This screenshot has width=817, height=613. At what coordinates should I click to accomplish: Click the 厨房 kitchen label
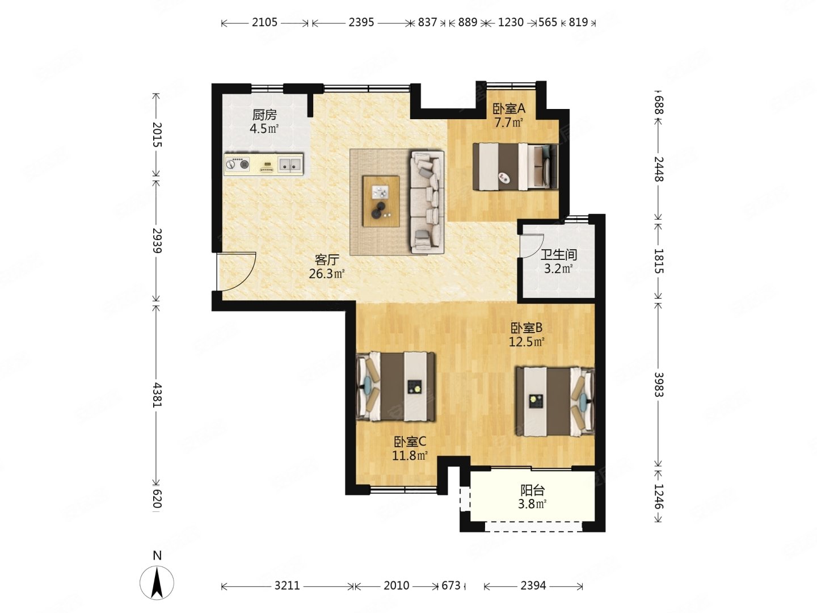click(x=264, y=115)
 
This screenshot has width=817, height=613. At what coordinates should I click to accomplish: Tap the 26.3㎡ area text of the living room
click(x=326, y=274)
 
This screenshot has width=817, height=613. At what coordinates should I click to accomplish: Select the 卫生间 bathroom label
click(x=558, y=255)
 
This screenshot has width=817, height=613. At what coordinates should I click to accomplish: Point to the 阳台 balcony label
click(x=532, y=490)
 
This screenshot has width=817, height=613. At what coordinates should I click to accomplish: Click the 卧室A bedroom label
click(x=509, y=108)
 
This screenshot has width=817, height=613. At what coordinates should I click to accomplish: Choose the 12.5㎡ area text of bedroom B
click(x=527, y=341)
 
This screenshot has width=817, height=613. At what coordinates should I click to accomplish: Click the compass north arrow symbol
click(x=157, y=583)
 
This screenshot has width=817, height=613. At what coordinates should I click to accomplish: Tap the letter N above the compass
click(x=157, y=555)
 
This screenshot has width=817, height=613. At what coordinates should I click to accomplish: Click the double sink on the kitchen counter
click(x=290, y=164)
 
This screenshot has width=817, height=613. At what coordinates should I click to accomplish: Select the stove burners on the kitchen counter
click(x=237, y=164)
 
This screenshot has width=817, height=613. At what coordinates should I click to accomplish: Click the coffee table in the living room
click(x=381, y=201)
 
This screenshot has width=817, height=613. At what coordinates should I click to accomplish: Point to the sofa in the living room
click(x=427, y=203)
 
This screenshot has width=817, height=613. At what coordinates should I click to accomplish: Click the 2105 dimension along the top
click(x=264, y=22)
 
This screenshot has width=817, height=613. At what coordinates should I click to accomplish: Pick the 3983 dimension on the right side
click(x=658, y=384)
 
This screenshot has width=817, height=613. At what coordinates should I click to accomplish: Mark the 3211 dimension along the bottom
click(x=287, y=585)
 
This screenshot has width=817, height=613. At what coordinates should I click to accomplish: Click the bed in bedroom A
click(x=516, y=167)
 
